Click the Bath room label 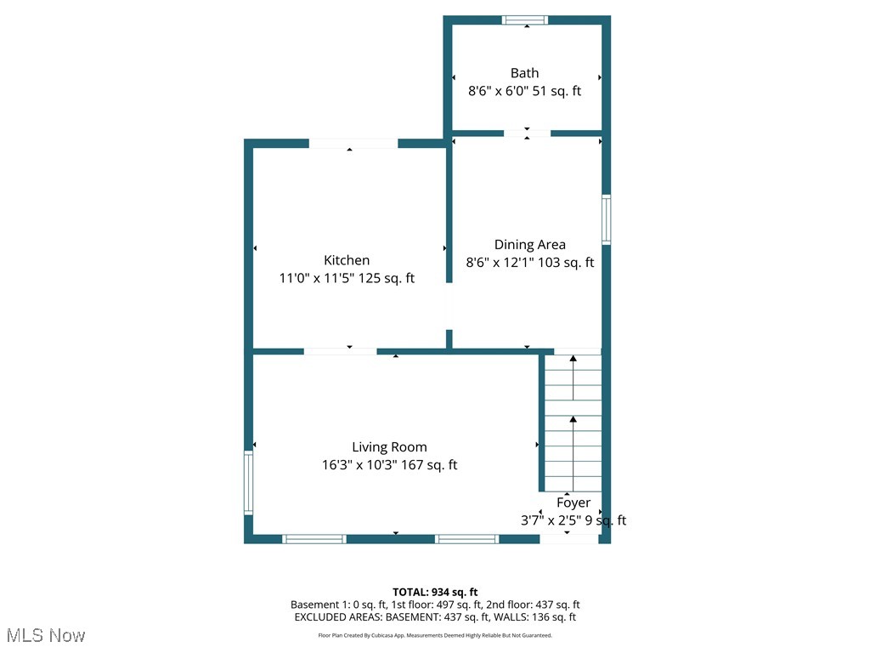[x=524, y=73]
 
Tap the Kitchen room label [x=347, y=260]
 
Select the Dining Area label [x=529, y=245]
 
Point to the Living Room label [x=389, y=447]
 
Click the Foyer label [x=573, y=503]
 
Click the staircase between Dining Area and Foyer [x=573, y=421]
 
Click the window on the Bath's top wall [x=524, y=20]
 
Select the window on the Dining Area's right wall [x=607, y=220]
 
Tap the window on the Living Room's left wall [x=249, y=483]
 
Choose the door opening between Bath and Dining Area [x=527, y=133]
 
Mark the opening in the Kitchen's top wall [x=353, y=144]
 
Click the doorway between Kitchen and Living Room [x=340, y=351]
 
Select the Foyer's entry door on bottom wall [x=568, y=538]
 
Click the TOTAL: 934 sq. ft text [x=435, y=592]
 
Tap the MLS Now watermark [x=46, y=635]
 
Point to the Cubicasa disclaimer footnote [x=435, y=635]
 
